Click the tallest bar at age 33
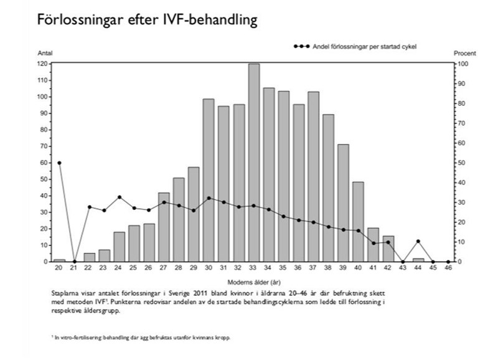254,162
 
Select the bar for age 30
209,181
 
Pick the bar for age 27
164,227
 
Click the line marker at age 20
60,163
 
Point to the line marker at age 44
418,241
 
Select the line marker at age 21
74,262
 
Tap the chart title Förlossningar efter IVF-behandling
147,21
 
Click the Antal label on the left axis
45,55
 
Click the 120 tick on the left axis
42,64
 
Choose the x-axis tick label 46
448,269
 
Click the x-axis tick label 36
299,269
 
